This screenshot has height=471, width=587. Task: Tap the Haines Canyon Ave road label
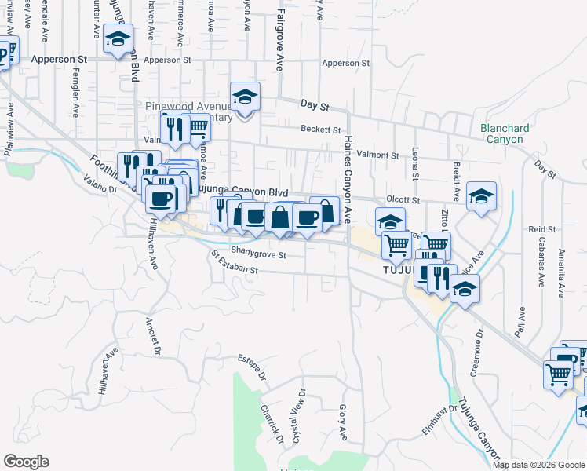point(348,177)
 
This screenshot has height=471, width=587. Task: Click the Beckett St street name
point(320,130)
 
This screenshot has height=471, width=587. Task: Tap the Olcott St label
point(403,201)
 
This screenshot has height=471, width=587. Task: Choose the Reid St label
point(541,229)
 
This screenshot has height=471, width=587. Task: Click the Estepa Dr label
point(252,367)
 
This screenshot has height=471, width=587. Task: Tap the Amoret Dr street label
point(154,334)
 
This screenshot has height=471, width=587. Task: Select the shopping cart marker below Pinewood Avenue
point(196,126)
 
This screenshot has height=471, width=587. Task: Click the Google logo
point(26,462)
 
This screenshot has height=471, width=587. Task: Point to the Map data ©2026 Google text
point(539,465)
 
